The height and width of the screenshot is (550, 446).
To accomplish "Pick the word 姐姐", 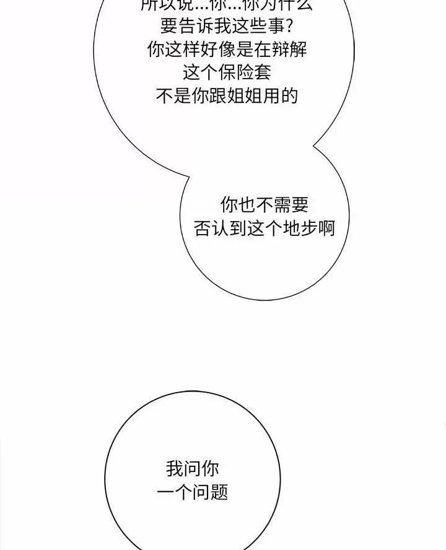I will tap(253, 96).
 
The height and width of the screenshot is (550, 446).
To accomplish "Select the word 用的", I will tap(285, 96).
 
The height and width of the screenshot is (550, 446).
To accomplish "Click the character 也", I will tap(246, 205).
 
